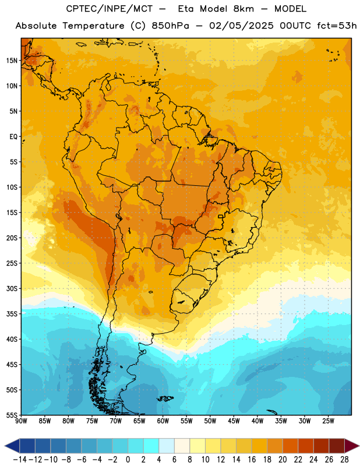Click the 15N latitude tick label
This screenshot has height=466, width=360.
tap(12, 61)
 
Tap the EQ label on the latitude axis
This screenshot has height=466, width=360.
tap(13, 137)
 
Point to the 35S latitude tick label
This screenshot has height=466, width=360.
tap(12, 314)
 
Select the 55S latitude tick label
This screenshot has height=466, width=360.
tap(12, 415)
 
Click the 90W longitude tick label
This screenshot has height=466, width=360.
tap(21, 421)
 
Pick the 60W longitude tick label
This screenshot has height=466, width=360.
tap(163, 421)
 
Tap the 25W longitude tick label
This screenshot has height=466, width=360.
tap(328, 421)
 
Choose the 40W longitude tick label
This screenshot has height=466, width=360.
tap(257, 421)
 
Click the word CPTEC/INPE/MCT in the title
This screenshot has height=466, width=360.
tap(110, 9)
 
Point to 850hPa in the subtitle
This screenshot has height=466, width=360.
tap(170, 26)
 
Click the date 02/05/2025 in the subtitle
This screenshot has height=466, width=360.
tap(241, 26)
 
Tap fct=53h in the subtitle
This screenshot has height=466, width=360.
tap(337, 26)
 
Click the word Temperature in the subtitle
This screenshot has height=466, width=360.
tap(93, 26)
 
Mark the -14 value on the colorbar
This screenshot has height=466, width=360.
tap(20, 460)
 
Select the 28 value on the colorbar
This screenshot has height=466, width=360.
tap(344, 460)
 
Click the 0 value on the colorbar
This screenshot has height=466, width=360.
tap(128, 460)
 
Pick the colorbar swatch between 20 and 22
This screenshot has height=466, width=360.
tap(291, 446)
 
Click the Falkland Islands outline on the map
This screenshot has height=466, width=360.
tap(165, 398)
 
